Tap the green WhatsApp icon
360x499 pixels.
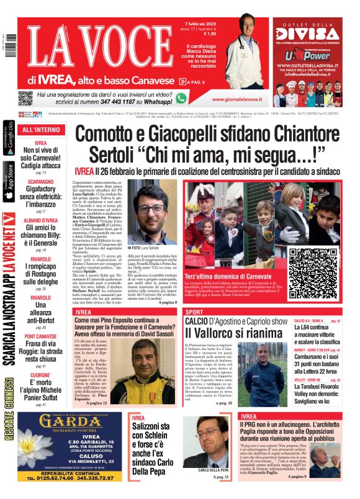coord(181,98)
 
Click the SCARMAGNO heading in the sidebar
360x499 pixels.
coord(40,182)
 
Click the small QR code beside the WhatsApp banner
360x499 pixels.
coord(25,98)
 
